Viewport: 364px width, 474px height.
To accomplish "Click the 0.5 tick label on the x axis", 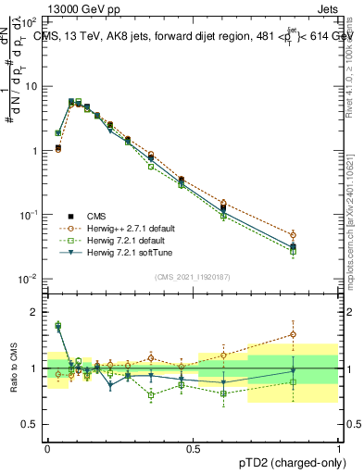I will coord(193,445).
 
